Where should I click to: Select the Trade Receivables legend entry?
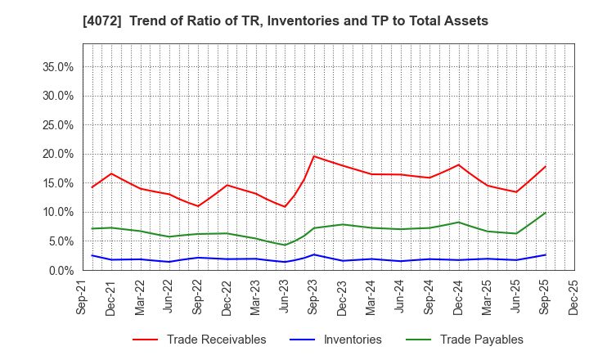tap(216, 340)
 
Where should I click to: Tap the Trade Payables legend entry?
tap(481, 340)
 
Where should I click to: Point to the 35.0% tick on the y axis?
tap(58, 66)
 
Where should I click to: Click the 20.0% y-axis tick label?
tap(58, 154)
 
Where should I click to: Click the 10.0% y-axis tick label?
tap(58, 212)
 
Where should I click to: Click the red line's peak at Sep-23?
tap(314, 156)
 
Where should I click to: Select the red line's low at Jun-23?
tap(285, 206)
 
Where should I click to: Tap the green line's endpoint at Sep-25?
tap(546, 213)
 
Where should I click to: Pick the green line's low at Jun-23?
tap(285, 245)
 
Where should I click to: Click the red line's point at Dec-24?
tap(458, 165)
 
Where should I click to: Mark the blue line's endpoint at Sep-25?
tap(546, 254)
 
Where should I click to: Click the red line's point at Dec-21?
tap(111, 173)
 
